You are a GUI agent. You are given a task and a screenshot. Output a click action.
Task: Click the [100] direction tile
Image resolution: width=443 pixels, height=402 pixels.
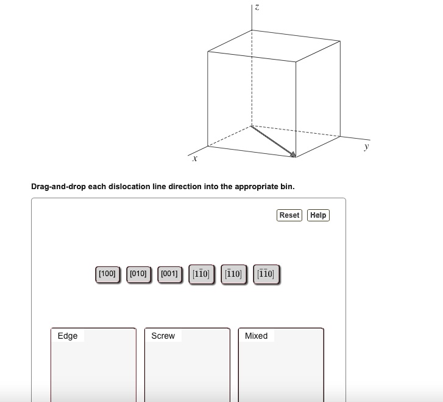[x=107, y=274]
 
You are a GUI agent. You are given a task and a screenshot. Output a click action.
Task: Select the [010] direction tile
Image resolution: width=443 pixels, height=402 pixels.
[x=138, y=274]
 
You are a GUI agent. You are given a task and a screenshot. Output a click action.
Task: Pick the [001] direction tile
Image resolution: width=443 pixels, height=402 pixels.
[x=169, y=274]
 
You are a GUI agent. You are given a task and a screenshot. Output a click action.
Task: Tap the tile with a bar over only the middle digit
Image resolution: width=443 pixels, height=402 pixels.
[x=201, y=274]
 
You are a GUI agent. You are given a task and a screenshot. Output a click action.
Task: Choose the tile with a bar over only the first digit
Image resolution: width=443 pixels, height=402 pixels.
[x=233, y=274]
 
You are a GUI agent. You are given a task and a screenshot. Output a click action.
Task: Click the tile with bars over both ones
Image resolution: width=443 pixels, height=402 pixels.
[x=266, y=274]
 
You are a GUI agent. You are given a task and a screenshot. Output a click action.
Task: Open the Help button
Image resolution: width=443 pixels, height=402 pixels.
[x=318, y=215]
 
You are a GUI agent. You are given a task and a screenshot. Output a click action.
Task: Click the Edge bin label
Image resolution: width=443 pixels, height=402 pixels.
[x=68, y=336]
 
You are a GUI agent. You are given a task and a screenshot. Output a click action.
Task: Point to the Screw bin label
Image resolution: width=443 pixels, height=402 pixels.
[x=163, y=336]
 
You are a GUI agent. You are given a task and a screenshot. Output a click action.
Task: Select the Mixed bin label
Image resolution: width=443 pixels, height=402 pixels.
[x=256, y=336]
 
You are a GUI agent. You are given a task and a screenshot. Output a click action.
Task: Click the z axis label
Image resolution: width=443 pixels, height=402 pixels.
[x=257, y=7]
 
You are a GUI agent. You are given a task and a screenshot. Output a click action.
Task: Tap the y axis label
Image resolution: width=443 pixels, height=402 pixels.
[x=366, y=147]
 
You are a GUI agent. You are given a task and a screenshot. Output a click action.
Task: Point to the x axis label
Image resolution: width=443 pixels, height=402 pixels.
[x=194, y=159]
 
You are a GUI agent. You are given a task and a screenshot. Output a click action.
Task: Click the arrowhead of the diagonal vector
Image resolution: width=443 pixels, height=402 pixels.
[x=293, y=154]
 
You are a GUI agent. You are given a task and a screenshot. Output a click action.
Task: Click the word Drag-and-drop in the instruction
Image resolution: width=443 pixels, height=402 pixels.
[x=58, y=187]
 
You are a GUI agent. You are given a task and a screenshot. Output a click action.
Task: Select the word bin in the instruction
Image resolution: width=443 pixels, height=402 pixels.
[x=287, y=187]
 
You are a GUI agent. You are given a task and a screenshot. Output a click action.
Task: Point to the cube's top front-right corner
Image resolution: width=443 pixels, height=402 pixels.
[x=296, y=61]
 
